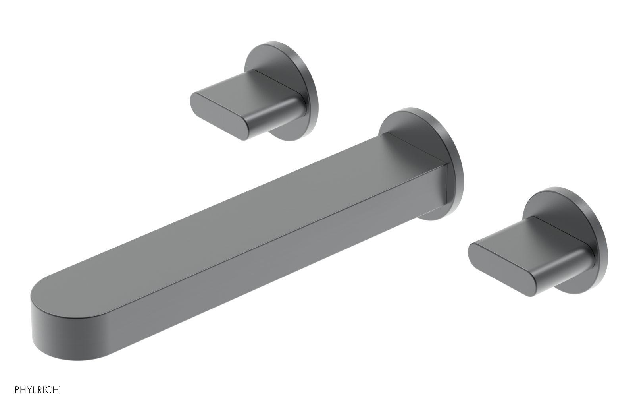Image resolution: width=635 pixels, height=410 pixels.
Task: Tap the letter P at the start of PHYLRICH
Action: click(x=17, y=390)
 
